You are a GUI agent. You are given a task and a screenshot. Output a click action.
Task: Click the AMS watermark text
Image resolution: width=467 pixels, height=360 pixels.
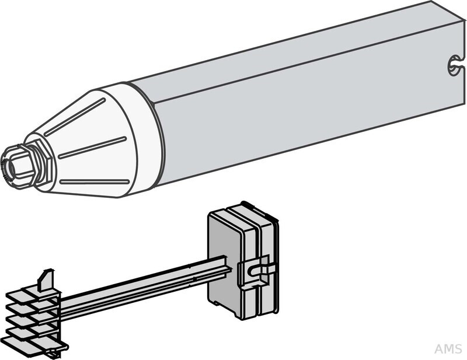(x=448, y=349)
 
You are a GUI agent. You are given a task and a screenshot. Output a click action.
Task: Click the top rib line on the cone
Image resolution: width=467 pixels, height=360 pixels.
(x=75, y=117)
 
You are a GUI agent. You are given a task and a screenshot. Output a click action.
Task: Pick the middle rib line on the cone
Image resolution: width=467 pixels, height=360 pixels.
(x=92, y=148)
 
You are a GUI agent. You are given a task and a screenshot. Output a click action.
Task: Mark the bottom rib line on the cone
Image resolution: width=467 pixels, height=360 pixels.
(x=95, y=181)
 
